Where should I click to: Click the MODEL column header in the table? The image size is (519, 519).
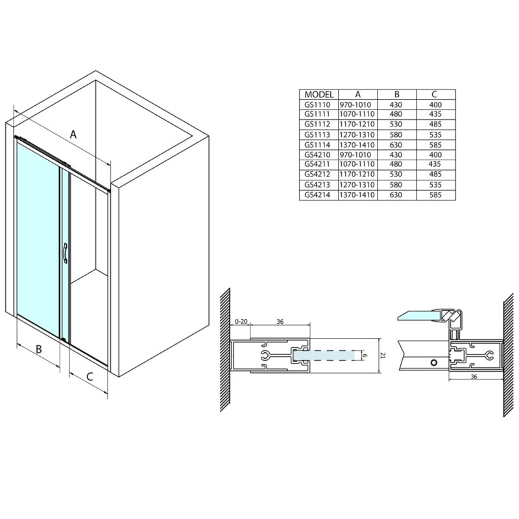point(319,94)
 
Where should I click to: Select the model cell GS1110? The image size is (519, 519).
point(317,104)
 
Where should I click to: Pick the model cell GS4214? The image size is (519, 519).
point(317,195)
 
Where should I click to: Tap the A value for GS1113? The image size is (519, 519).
point(357,135)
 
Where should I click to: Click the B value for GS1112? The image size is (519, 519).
point(396,124)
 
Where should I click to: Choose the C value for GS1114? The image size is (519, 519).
point(435,145)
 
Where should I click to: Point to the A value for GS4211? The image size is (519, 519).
point(357,164)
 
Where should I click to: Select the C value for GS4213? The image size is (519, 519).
point(435,185)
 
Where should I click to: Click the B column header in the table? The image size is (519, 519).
point(396,94)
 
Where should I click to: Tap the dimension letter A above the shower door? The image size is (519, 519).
point(73,134)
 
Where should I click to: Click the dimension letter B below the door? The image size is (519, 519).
point(39,349)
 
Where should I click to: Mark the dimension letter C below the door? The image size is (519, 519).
point(90,376)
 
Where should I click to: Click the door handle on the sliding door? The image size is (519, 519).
point(65,253)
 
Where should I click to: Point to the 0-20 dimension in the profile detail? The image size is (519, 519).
point(241,321)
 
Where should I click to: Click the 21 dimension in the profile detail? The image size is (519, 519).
point(383,356)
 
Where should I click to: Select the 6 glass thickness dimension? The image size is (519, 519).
point(365,356)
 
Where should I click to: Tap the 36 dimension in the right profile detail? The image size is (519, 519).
point(474,377)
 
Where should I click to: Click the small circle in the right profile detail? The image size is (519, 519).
point(433,363)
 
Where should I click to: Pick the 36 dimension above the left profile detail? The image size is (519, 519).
point(280,321)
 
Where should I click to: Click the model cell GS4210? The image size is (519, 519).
point(317,154)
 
